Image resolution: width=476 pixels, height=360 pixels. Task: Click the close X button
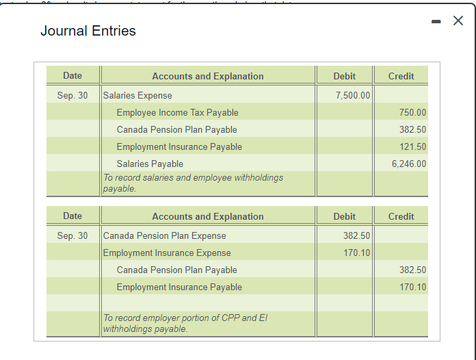click(458, 21)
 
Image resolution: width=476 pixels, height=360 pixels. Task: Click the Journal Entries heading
click(88, 31)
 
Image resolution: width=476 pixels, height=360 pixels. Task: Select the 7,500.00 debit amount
click(353, 95)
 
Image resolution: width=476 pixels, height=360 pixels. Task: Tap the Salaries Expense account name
click(137, 95)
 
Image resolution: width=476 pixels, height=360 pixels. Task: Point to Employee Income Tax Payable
click(177, 112)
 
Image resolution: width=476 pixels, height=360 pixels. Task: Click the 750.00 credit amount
click(412, 112)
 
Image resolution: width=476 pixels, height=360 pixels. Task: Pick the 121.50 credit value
click(412, 146)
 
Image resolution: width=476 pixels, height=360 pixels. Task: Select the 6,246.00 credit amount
click(409, 164)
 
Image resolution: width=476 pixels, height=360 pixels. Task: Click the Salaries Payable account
click(150, 164)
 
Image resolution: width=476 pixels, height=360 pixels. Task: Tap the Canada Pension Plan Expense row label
click(164, 235)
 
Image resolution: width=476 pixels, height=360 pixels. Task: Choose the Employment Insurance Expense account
click(167, 253)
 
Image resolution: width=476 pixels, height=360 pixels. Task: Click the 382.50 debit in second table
click(356, 235)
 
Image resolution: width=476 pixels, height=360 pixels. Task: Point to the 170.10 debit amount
click(356, 253)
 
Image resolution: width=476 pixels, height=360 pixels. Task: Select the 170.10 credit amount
click(412, 287)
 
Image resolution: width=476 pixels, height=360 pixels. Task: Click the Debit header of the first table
click(344, 76)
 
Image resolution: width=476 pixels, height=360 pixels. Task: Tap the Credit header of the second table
click(401, 216)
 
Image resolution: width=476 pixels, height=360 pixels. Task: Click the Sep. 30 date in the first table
click(72, 95)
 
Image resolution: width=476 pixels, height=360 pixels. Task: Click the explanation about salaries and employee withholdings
click(193, 183)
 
